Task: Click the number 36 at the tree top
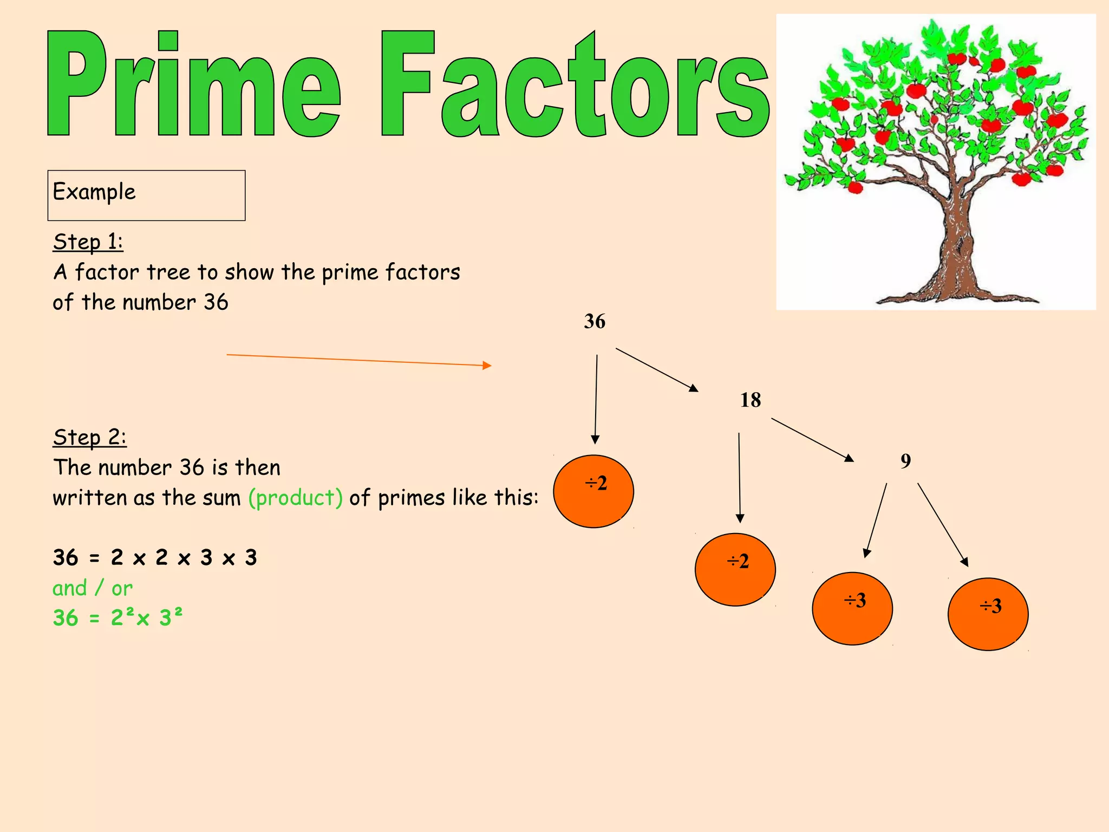tap(595, 321)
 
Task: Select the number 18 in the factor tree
tap(751, 400)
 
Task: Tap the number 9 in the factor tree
tap(905, 461)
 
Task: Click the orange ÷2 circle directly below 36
tap(593, 491)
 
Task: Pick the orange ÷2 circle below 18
tap(735, 569)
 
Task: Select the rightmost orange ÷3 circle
tap(988, 614)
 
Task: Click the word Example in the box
tap(94, 192)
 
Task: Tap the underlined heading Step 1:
tap(88, 242)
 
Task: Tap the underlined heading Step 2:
tap(89, 437)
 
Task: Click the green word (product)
tap(296, 498)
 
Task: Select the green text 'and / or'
tap(93, 588)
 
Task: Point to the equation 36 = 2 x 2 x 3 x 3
tap(155, 557)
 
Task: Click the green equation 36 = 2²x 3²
tap(118, 617)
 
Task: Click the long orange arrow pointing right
tap(358, 360)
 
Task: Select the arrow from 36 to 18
tap(656, 369)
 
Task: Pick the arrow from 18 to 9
tap(812, 439)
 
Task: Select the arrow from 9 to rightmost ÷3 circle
tap(942, 524)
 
